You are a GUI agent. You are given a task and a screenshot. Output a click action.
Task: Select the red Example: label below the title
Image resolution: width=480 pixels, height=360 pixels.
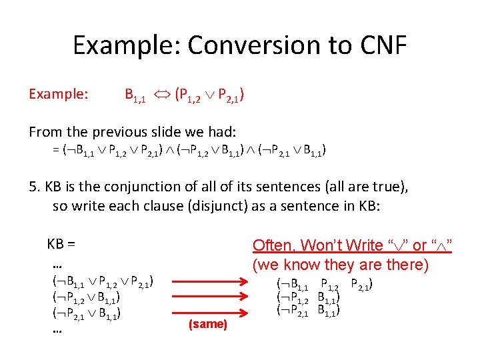tap(58, 94)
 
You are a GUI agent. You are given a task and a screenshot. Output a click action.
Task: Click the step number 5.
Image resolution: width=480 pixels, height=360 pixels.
tap(33, 187)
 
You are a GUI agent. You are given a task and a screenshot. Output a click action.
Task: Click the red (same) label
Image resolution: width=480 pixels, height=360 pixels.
tap(208, 325)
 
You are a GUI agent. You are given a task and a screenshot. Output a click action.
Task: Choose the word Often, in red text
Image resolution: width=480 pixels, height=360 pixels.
tap(274, 245)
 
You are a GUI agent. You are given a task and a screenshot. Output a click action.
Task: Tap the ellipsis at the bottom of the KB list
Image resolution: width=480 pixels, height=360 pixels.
tap(57, 329)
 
